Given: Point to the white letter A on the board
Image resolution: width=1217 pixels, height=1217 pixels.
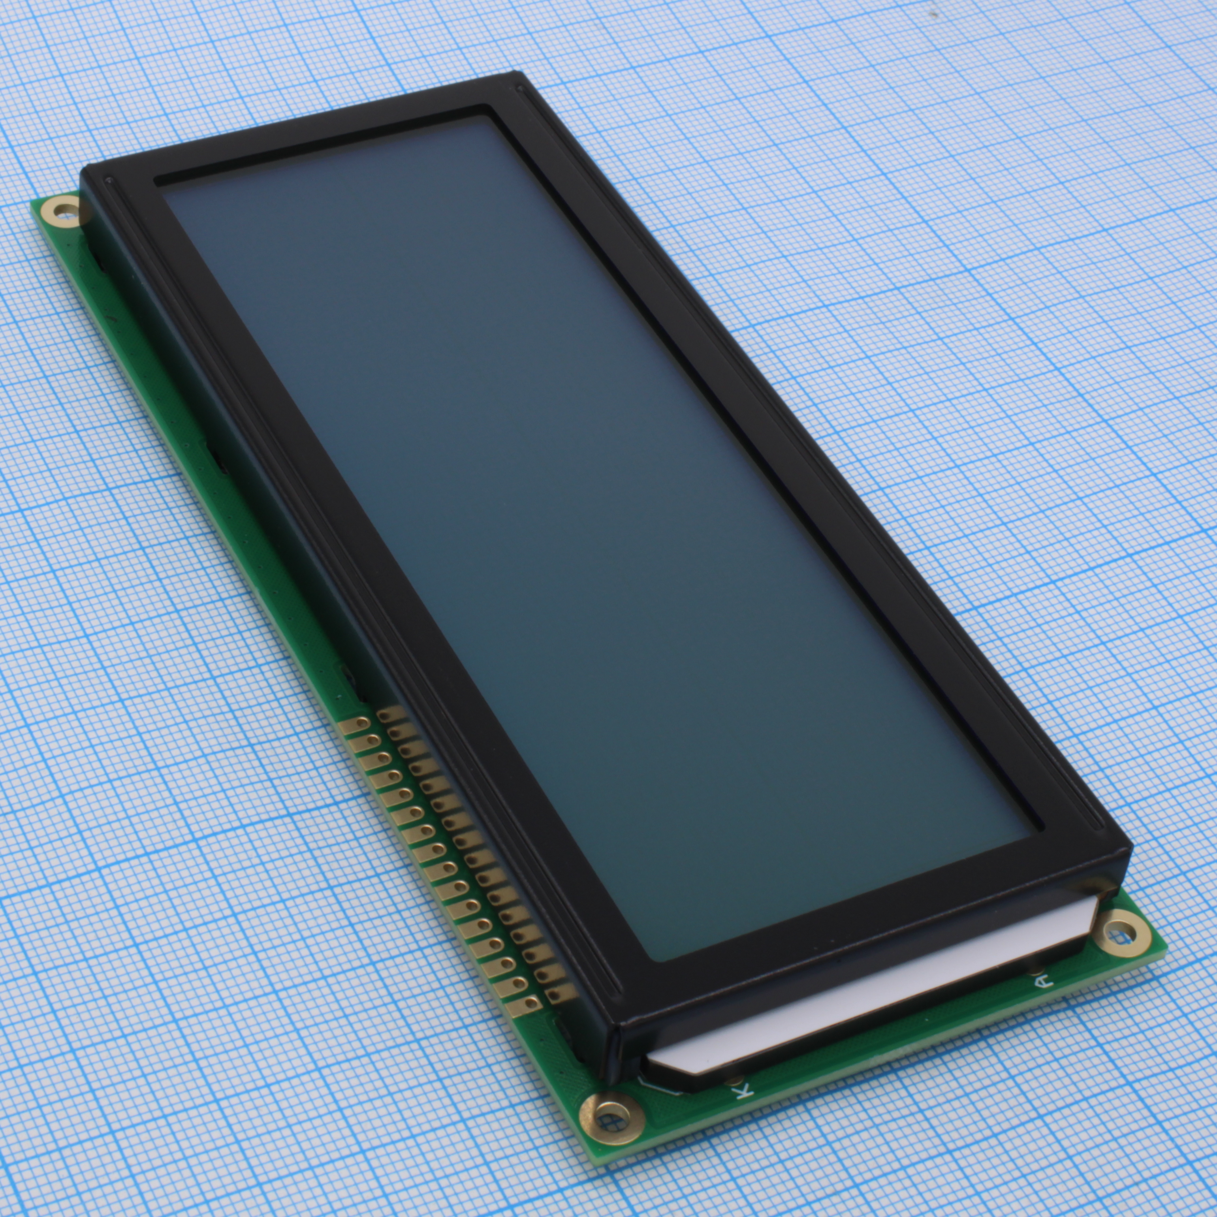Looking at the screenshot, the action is pyautogui.click(x=1042, y=981).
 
